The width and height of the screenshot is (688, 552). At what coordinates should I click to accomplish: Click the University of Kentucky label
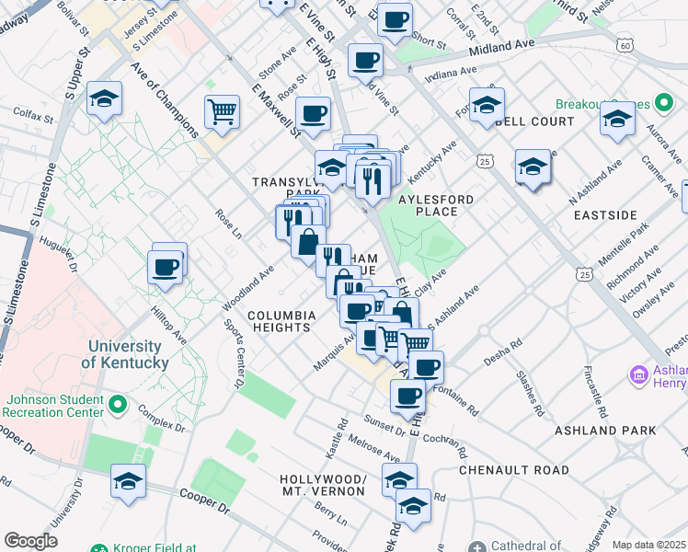coord(125,354)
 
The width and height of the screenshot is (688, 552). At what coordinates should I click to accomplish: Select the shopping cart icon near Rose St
coord(223,113)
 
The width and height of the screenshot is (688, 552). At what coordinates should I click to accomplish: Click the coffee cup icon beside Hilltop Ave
coord(166,267)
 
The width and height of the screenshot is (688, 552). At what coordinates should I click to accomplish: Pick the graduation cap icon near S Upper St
coord(105,98)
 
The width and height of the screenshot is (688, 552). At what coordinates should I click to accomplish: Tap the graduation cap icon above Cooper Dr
coord(128,480)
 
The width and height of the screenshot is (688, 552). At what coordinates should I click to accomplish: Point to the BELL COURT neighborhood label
coord(534,121)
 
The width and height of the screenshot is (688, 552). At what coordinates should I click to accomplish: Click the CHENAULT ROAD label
coord(514,470)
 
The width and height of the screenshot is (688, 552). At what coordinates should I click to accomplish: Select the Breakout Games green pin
coord(562,105)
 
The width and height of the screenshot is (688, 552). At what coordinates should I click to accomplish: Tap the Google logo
coord(31,540)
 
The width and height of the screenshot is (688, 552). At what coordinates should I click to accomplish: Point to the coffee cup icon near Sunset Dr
coord(407,397)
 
